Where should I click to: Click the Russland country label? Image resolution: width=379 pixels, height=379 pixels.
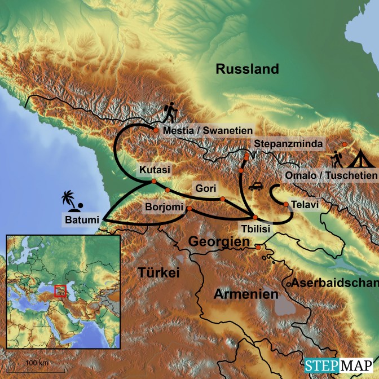click(247, 69)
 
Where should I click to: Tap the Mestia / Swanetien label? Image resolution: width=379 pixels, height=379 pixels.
click(207, 130)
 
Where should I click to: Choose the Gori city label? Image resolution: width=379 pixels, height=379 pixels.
click(204, 188)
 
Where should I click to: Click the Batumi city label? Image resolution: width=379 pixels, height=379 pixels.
click(81, 219)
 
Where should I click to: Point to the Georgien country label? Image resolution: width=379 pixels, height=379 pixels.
click(218, 241)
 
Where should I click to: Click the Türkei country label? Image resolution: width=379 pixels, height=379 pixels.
click(158, 274)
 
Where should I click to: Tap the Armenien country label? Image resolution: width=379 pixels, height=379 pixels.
click(246, 294)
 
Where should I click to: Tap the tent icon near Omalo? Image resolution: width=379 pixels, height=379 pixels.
click(357, 158)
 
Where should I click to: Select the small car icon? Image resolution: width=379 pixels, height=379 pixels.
click(255, 186)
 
